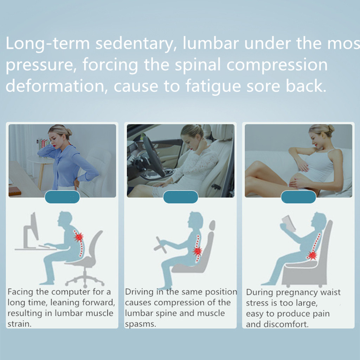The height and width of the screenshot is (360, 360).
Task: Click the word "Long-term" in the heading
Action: click(x=47, y=44)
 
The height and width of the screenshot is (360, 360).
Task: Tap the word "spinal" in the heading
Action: click(x=198, y=65)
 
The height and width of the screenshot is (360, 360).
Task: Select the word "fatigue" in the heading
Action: click(x=213, y=86)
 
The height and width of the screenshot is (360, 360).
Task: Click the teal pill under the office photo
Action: click(x=62, y=197)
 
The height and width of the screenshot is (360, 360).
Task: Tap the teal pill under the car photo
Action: click(x=180, y=197)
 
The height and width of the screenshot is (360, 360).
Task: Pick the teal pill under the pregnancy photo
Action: click(x=298, y=197)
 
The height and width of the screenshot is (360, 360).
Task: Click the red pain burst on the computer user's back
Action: click(x=78, y=237)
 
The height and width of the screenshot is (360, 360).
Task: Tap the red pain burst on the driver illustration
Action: click(x=197, y=251)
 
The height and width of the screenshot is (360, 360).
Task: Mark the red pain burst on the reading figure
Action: click(x=312, y=255)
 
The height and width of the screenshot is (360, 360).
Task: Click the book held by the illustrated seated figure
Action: click(x=289, y=222)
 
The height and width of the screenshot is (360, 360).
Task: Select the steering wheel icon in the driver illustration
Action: click(x=160, y=245)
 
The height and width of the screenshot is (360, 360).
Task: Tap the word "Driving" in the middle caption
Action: click(x=139, y=292)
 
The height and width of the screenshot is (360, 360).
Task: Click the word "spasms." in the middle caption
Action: click(x=140, y=324)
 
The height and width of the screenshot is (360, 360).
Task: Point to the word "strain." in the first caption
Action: click(x=19, y=324)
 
